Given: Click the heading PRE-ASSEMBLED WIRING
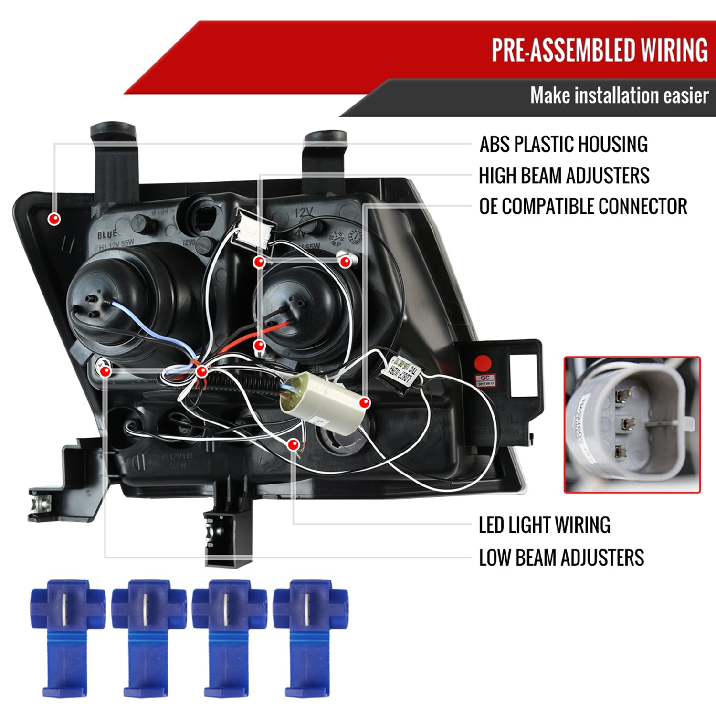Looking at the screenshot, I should coord(600,50).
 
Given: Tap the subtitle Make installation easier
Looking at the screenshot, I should coord(619,95).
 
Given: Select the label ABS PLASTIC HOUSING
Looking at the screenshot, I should coord(563,144).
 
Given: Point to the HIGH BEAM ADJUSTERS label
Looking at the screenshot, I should coord(564,176).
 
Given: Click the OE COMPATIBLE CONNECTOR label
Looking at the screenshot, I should coord(583,207).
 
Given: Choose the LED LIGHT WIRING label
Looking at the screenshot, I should coord(544,525).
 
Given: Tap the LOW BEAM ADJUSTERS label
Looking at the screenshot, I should coord(561,558).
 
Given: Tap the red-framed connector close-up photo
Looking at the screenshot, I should coord(632,424).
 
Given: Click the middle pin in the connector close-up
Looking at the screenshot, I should coord(625,422).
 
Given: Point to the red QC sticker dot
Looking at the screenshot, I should coord(484,363).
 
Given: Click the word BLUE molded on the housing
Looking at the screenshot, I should coord(107,235).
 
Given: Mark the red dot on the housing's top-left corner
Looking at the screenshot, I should coord(54,219).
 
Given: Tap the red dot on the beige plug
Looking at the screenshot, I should coord(365,403).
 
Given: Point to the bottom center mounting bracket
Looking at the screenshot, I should coord(228,530).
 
